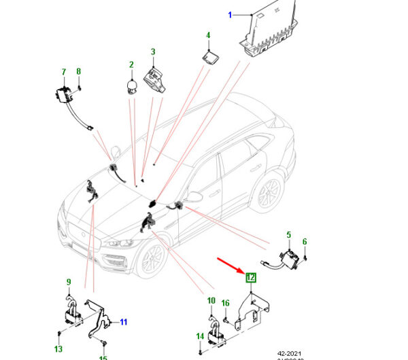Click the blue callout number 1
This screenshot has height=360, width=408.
pyautogui.click(x=230, y=14)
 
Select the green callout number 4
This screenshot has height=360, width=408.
pyautogui.click(x=208, y=35)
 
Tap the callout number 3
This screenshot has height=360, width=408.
pyautogui.click(x=153, y=52)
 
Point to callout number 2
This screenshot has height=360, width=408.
pyautogui.click(x=131, y=65)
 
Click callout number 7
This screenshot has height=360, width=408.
pyautogui.click(x=63, y=71)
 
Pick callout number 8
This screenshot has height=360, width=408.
pyautogui.click(x=79, y=71)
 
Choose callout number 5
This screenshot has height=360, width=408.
pyautogui.click(x=288, y=235)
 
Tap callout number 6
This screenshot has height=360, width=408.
pyautogui.click(x=305, y=241)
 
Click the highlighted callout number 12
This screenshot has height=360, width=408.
pyautogui.click(x=250, y=277)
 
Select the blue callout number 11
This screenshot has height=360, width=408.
pyautogui.click(x=124, y=321)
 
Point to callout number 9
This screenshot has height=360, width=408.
pyautogui.click(x=68, y=282)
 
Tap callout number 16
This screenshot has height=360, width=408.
pyautogui.click(x=226, y=303)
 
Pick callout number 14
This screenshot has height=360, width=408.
pyautogui.click(x=200, y=336)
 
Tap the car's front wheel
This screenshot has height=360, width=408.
pyautogui.click(x=151, y=259)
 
